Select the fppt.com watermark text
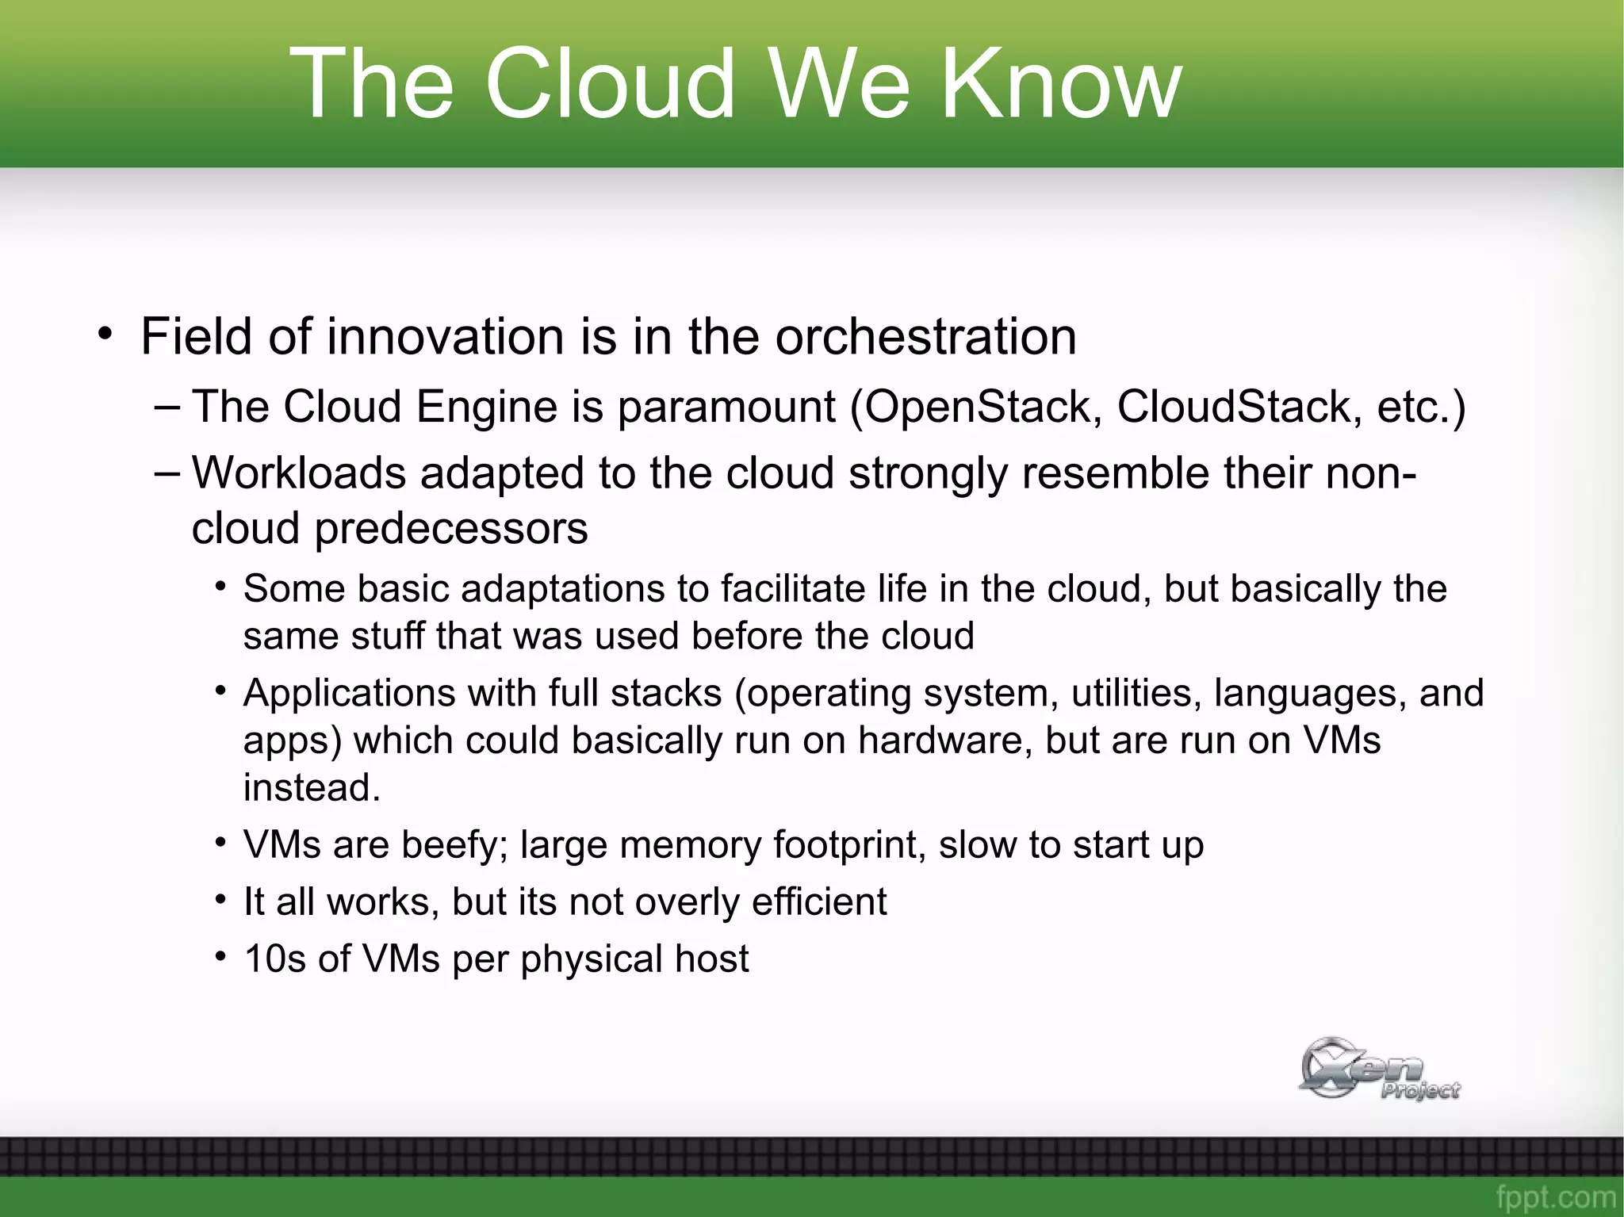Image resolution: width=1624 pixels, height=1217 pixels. pyautogui.click(x=1555, y=1196)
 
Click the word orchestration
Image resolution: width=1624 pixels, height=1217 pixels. pyautogui.click(x=925, y=337)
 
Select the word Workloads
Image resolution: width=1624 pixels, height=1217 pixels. pyautogui.click(x=299, y=473)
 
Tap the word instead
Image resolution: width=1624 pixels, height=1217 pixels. pyautogui.click(x=312, y=788)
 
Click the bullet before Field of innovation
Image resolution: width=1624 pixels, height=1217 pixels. pyautogui.click(x=106, y=334)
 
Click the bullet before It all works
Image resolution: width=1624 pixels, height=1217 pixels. pyautogui.click(x=221, y=900)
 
